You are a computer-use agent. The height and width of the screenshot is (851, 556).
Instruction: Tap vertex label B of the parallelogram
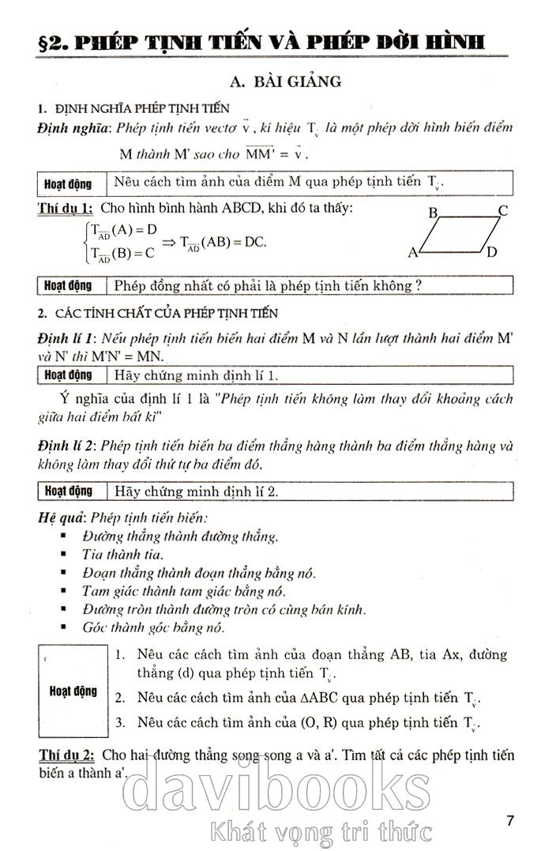click(433, 213)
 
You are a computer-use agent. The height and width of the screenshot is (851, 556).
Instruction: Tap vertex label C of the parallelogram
click(503, 211)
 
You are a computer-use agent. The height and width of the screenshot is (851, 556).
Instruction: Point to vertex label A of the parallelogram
click(412, 253)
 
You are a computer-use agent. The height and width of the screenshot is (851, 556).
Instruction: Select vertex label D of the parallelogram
click(491, 253)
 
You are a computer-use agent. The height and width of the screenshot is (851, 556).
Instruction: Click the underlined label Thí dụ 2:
click(66, 755)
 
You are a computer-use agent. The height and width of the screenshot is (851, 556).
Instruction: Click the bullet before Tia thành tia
click(64, 555)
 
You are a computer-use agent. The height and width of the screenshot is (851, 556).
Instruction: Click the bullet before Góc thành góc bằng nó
click(64, 628)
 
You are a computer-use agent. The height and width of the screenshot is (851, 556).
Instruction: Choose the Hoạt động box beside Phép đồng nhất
click(68, 285)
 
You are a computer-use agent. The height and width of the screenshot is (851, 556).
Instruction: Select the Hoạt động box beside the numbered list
click(72, 691)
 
